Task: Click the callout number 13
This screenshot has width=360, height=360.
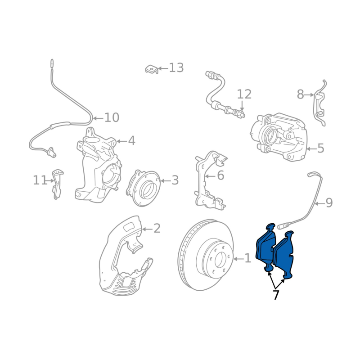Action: (176, 68)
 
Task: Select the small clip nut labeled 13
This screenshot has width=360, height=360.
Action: (152, 69)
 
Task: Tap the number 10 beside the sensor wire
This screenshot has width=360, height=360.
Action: (112, 118)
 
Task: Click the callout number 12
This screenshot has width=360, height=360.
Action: (244, 94)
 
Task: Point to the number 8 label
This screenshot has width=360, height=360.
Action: (300, 94)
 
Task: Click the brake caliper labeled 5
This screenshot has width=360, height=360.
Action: (279, 137)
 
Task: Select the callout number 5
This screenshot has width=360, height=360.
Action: (320, 148)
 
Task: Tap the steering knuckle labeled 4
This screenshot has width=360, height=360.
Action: (99, 165)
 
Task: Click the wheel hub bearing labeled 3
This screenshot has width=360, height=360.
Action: (143, 188)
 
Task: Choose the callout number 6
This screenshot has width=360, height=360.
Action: (220, 175)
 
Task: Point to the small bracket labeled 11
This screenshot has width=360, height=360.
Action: (57, 184)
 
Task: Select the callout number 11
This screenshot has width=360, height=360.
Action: (40, 180)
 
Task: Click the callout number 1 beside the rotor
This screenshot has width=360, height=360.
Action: (247, 258)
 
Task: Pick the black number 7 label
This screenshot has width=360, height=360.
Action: (276, 295)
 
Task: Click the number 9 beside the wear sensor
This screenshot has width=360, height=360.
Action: (329, 203)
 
